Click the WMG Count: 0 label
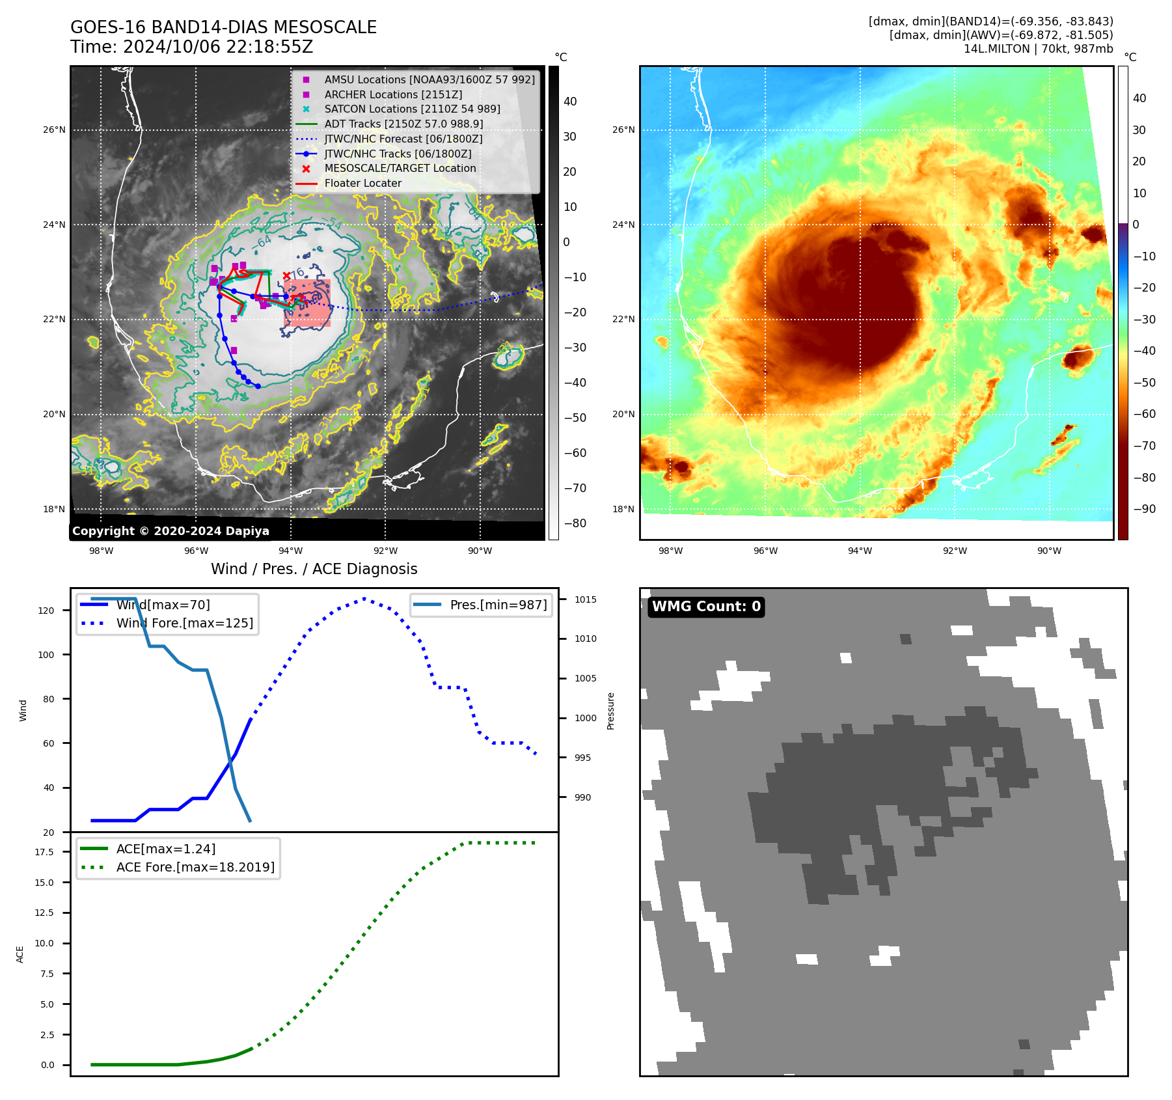point(706,607)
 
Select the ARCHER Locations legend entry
point(393,94)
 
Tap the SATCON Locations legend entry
point(412,109)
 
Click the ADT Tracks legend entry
point(403,124)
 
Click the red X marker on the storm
point(286,276)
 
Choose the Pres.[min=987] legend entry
point(498,605)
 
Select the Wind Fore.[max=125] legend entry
point(184,623)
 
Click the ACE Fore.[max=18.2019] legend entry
point(195,867)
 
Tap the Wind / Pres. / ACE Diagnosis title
point(314,569)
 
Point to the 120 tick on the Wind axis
point(46,611)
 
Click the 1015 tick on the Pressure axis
point(585,599)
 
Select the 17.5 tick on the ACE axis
point(44,852)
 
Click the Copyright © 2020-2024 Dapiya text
point(170,531)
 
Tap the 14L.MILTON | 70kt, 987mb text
point(1038,49)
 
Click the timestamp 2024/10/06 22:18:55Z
point(218,47)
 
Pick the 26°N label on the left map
point(54,130)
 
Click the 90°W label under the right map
point(1049,551)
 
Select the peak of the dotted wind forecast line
point(364,598)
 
